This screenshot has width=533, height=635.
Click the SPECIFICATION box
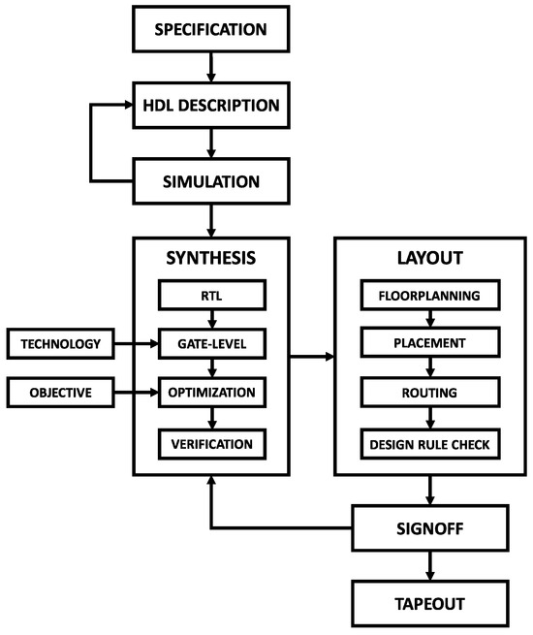(210, 30)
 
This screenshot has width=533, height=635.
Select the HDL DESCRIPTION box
(210, 105)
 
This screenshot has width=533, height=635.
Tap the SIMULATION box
(210, 180)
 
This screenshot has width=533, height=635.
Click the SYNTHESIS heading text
(210, 259)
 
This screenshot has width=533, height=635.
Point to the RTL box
(210, 294)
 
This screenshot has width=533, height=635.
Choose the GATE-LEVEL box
(210, 343)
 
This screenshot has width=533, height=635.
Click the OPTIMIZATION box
(210, 393)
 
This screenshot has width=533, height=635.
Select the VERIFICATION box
(210, 443)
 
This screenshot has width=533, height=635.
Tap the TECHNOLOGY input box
(60, 343)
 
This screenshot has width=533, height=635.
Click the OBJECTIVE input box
(60, 393)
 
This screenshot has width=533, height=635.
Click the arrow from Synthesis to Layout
(312, 357)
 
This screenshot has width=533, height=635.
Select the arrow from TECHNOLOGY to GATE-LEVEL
(136, 343)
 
